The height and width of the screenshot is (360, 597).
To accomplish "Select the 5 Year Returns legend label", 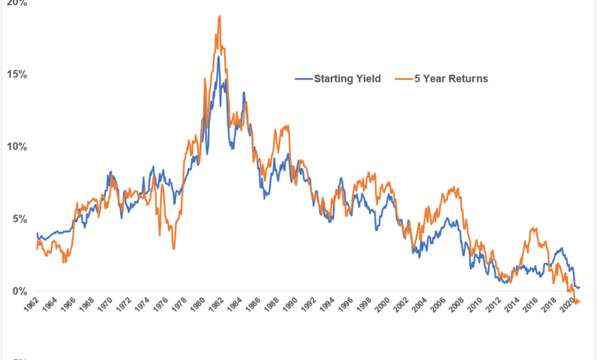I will pos(450,78).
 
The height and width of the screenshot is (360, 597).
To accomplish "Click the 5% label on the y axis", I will pos(19,219).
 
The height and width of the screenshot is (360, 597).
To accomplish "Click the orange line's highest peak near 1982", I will pos(220,16).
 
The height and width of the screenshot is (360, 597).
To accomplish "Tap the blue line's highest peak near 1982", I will pos(218,57).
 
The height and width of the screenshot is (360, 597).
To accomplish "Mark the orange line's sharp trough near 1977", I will pos(174,248).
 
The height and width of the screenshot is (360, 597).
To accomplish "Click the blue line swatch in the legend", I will pos(305,78).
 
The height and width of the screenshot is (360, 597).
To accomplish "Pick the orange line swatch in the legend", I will pos(403,78).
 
